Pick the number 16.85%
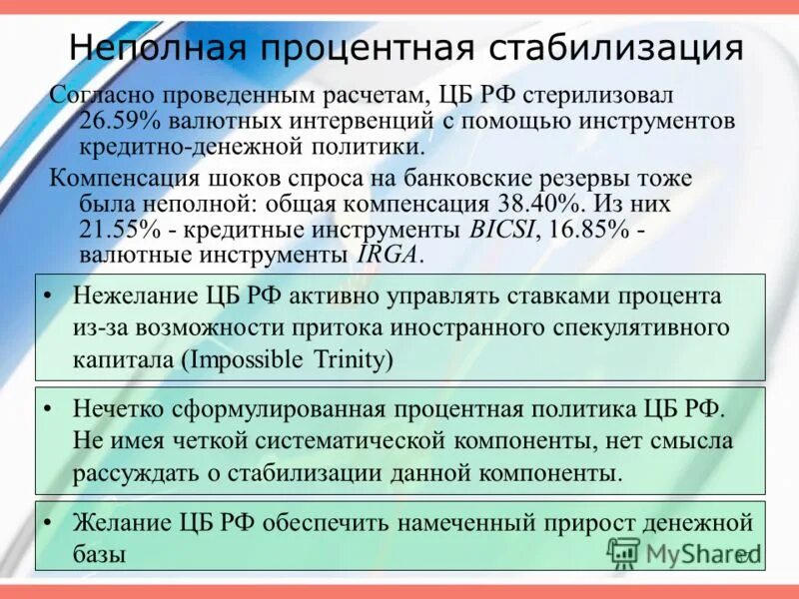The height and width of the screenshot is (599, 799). click(x=588, y=230)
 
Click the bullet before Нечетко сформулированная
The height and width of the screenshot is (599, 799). click(x=52, y=410)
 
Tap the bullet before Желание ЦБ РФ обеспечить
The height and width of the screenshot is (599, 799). click(x=52, y=522)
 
